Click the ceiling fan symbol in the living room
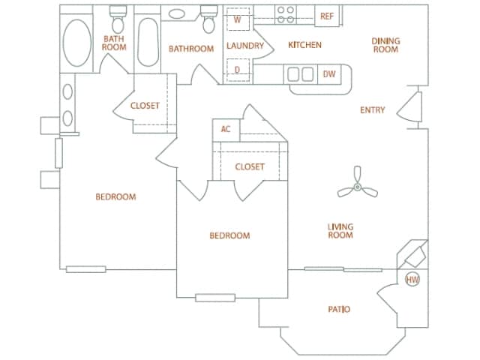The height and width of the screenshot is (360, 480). pyautogui.click(x=357, y=187)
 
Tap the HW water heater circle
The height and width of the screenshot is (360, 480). pyautogui.click(x=412, y=280)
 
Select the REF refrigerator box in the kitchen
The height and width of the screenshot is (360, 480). pyautogui.click(x=327, y=16)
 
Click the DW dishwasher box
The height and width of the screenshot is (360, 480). pyautogui.click(x=328, y=73)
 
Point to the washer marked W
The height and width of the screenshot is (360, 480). pyautogui.click(x=237, y=19)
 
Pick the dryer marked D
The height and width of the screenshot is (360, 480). pyautogui.click(x=237, y=70)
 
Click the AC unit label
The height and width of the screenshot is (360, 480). pyautogui.click(x=225, y=129)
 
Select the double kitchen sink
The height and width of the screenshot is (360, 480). pyautogui.click(x=300, y=74)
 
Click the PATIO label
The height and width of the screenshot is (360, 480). pyautogui.click(x=339, y=309)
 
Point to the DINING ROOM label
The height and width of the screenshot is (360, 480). pyautogui.click(x=385, y=45)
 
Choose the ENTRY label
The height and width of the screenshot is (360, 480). pyautogui.click(x=373, y=110)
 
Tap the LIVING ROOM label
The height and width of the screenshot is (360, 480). pyautogui.click(x=340, y=231)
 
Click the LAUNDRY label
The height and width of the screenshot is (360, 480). pyautogui.click(x=245, y=46)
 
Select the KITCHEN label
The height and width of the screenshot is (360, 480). pyautogui.click(x=304, y=45)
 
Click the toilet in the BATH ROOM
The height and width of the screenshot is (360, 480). pyautogui.click(x=117, y=16)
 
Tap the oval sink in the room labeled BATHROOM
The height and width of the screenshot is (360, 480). pyautogui.click(x=178, y=13)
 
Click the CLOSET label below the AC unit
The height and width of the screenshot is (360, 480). pyautogui.click(x=249, y=166)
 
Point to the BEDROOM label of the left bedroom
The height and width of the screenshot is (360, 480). pyautogui.click(x=115, y=197)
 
